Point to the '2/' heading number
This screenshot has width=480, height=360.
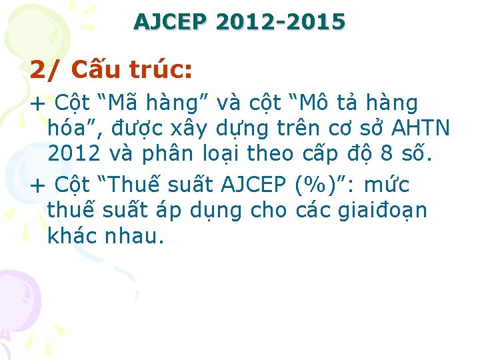point(45,69)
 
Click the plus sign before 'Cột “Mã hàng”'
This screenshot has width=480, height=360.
point(39,104)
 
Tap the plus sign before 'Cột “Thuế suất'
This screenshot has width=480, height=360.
point(39,184)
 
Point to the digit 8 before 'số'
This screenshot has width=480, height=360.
point(386,153)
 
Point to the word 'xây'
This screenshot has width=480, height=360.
point(189,128)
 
